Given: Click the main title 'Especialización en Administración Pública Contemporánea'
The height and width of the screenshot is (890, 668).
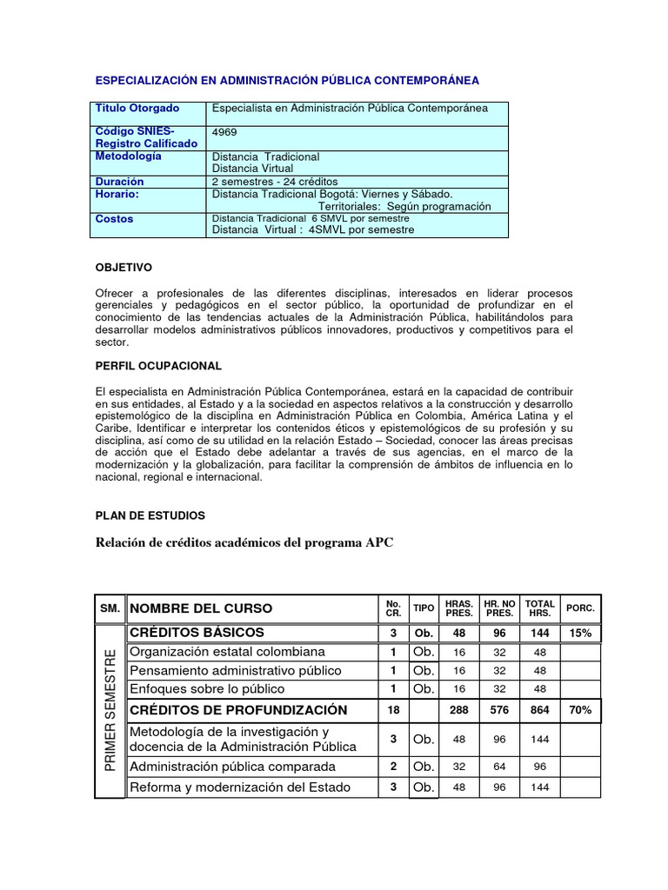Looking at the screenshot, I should tap(286, 81).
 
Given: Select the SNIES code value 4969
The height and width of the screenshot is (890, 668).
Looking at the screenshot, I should tap(224, 133).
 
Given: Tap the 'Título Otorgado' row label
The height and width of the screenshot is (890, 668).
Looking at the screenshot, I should tap(137, 109).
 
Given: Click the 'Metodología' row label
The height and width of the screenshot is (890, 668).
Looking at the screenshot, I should tap(128, 156).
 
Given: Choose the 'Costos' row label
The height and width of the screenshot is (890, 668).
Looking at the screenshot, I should tap(115, 219).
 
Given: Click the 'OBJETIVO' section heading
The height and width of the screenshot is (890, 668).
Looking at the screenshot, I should tap(123, 268).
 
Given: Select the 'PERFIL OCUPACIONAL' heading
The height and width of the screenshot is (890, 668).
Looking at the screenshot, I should tap(158, 366).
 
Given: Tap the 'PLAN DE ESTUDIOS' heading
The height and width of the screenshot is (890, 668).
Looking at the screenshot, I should tap(150, 515).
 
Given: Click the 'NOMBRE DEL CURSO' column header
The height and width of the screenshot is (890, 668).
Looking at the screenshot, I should tap(201, 608).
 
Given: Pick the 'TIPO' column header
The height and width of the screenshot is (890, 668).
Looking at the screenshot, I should tap(424, 608).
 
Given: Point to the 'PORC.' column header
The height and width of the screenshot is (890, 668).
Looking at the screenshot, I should tap(580, 608).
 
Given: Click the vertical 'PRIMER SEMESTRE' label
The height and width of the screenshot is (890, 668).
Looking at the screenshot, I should tap(110, 709).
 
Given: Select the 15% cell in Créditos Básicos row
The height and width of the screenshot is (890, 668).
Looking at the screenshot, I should tap(580, 633).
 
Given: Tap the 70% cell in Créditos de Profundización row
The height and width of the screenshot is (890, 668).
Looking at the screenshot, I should tap(580, 710).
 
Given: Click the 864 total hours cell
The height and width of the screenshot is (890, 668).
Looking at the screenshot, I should tap(539, 710).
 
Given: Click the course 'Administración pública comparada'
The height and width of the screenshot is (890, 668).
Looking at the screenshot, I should tap(232, 767).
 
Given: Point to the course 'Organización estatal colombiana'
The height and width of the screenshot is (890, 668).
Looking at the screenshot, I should tap(227, 652).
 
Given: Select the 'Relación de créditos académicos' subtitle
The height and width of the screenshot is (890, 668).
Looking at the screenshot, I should tap(244, 543).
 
